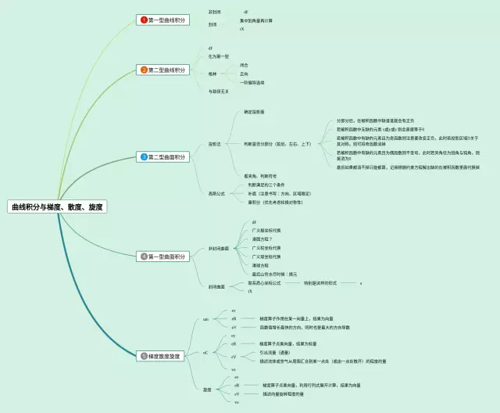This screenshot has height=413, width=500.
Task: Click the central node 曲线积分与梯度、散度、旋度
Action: (56, 207)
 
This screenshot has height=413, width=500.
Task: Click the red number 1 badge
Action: (144, 19)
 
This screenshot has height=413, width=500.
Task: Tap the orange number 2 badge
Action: (144, 70)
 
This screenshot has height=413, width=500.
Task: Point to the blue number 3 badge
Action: (144, 156)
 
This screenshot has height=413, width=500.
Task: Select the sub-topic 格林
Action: (212, 74)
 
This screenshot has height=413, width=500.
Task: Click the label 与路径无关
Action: (220, 92)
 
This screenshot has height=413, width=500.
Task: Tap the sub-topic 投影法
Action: (214, 144)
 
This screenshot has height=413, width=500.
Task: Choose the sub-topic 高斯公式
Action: (216, 193)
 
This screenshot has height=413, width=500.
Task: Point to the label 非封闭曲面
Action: (219, 249)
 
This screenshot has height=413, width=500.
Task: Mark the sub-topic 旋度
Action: (207, 389)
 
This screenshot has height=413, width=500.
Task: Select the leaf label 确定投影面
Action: (254, 112)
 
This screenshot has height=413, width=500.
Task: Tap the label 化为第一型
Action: (219, 56)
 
